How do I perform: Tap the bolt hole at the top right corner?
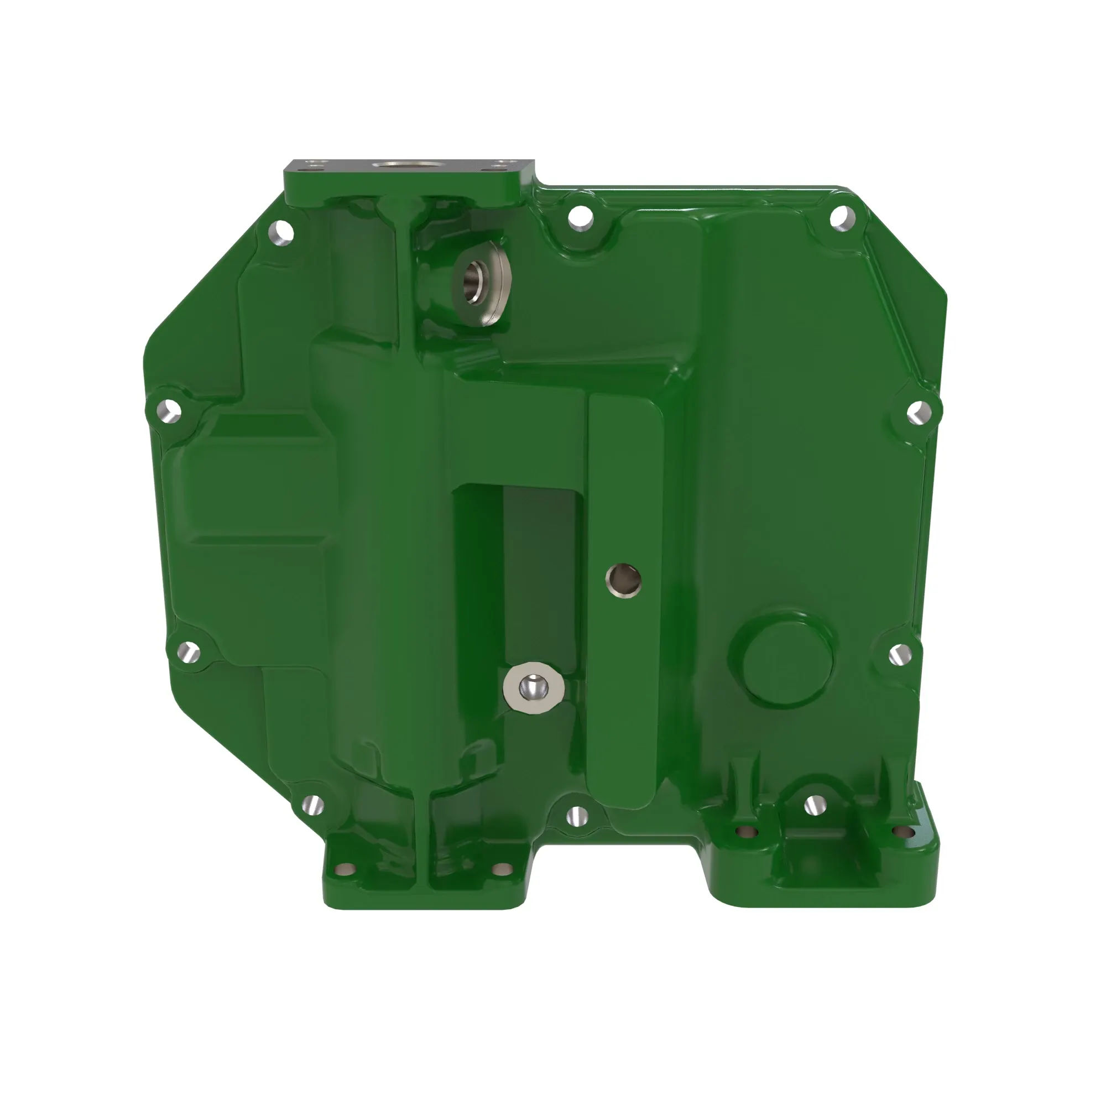[842, 217]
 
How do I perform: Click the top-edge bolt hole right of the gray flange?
[581, 216]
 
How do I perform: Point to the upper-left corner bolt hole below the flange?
[281, 232]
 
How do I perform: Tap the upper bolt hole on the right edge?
[917, 412]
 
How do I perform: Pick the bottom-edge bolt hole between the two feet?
[578, 815]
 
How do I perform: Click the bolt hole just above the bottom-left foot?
[312, 806]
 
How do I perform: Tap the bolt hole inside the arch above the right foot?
[814, 806]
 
